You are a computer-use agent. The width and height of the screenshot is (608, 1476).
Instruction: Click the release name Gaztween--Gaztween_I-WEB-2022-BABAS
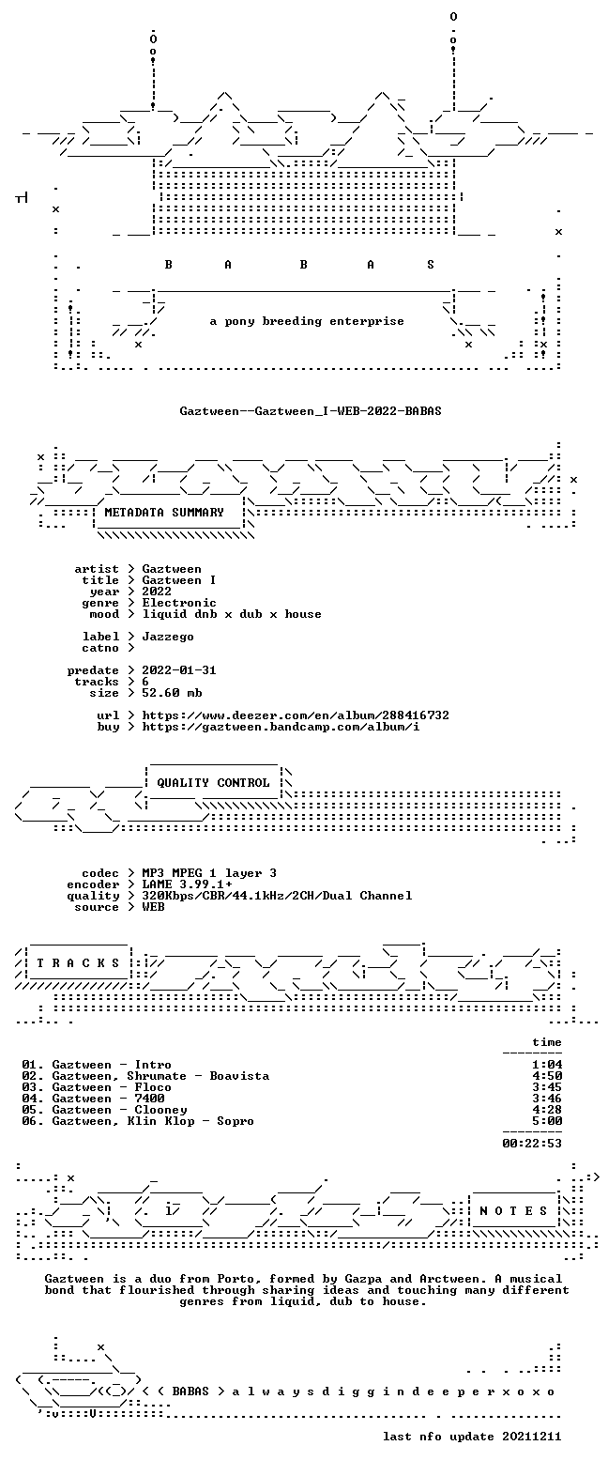coord(311,411)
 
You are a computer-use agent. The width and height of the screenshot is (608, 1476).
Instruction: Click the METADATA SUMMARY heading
coord(164,512)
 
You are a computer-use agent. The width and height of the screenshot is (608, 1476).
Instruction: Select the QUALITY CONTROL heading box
coord(213,783)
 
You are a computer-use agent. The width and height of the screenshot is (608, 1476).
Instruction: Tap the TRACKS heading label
coord(79,962)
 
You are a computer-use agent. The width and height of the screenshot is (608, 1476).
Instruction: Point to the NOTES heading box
coord(513,1210)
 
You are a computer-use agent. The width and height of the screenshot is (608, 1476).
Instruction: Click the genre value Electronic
coord(179,603)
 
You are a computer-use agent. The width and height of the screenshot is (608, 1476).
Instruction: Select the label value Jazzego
coord(168,638)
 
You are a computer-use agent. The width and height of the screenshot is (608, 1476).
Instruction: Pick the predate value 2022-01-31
coord(179,670)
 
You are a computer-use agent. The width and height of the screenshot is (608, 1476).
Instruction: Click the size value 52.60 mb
coord(172,693)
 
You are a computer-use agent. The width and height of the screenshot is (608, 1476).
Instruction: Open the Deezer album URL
coord(296,715)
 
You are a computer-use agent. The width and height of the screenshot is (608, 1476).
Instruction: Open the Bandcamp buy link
coord(281,727)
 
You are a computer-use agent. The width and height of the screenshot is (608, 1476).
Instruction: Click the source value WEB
coord(154,907)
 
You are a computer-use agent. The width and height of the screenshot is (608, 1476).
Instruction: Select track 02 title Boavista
coord(239,1076)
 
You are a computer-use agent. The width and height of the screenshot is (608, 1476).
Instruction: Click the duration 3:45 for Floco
coord(547,1087)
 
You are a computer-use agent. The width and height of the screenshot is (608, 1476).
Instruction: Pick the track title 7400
coord(149,1099)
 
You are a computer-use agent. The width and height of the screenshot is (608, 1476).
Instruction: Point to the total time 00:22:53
coord(532,1144)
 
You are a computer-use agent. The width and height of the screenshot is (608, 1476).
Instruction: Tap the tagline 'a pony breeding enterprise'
coord(307,321)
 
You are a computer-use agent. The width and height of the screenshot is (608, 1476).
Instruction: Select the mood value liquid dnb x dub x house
coord(232,614)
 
